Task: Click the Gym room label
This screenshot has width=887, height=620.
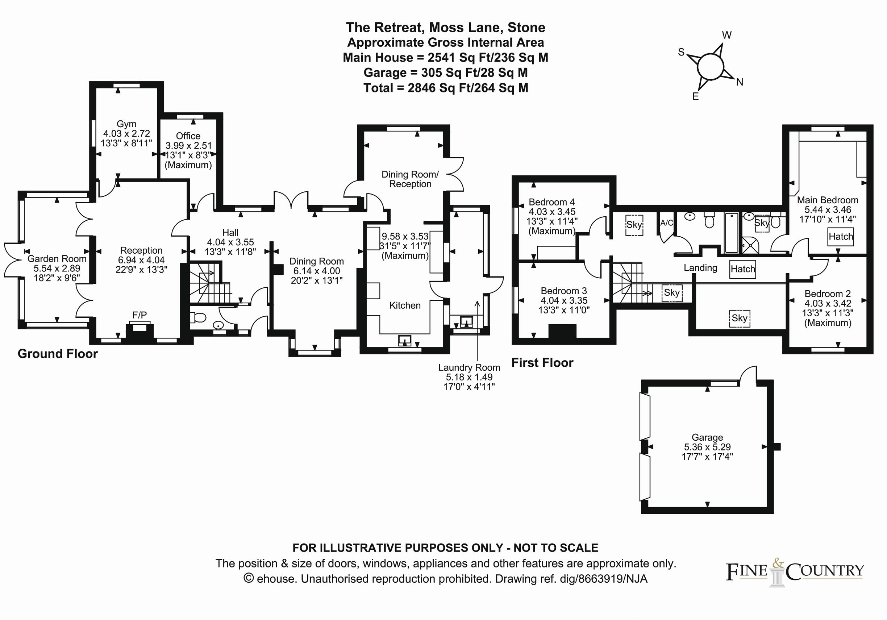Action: pyautogui.click(x=126, y=124)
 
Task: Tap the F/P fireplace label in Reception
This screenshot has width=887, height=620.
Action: pyautogui.click(x=139, y=315)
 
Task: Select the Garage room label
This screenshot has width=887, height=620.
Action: pyautogui.click(x=707, y=437)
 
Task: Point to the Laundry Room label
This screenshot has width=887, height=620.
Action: pyautogui.click(x=469, y=367)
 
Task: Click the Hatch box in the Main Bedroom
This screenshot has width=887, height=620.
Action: pyautogui.click(x=841, y=236)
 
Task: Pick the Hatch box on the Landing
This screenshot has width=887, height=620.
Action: pyautogui.click(x=742, y=269)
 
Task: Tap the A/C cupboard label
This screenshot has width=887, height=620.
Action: pyautogui.click(x=666, y=223)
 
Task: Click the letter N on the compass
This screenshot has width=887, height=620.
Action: pyautogui.click(x=740, y=82)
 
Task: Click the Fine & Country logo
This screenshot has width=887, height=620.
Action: pyautogui.click(x=795, y=572)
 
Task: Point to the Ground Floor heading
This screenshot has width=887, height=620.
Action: pyautogui.click(x=58, y=353)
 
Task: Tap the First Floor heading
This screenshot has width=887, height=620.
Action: pyautogui.click(x=542, y=362)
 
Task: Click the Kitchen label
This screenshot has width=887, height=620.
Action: pyautogui.click(x=405, y=305)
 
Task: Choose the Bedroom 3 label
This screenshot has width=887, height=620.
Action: pyautogui.click(x=564, y=291)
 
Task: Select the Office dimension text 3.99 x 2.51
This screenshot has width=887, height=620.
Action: pyautogui.click(x=188, y=146)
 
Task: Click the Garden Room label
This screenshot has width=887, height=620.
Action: pyautogui.click(x=57, y=259)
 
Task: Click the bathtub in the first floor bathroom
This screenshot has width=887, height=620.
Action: pyautogui.click(x=732, y=233)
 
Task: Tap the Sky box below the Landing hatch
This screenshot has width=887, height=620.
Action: pyautogui.click(x=740, y=318)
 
